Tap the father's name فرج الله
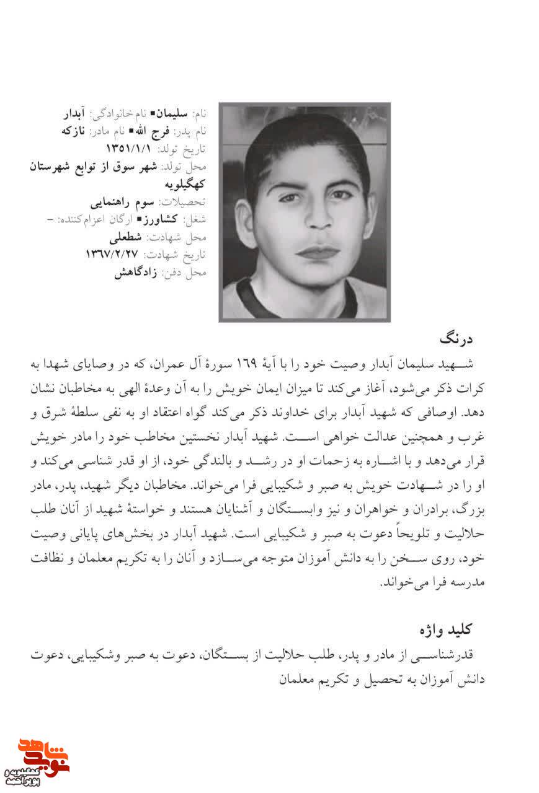point(151,131)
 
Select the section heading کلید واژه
point(446,629)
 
